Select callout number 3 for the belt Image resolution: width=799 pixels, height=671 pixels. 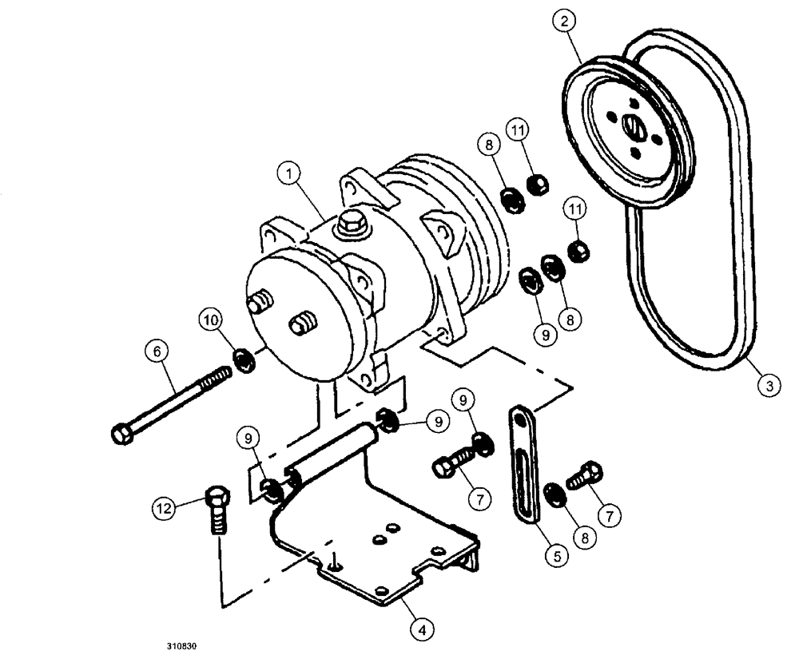768,387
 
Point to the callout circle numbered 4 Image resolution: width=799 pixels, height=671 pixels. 423,629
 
